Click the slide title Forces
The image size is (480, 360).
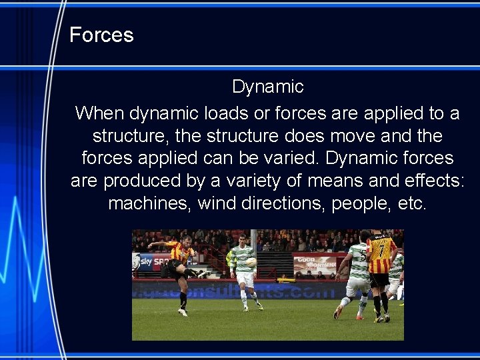(101, 35)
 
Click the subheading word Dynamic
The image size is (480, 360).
(267, 87)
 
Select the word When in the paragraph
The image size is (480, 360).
(99, 113)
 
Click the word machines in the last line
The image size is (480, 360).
(148, 203)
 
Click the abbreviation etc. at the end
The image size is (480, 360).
(411, 203)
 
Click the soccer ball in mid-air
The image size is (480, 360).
(251, 262)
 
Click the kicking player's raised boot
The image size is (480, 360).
(201, 273)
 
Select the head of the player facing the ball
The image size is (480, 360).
(242, 238)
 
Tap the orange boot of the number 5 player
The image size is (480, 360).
(338, 312)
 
